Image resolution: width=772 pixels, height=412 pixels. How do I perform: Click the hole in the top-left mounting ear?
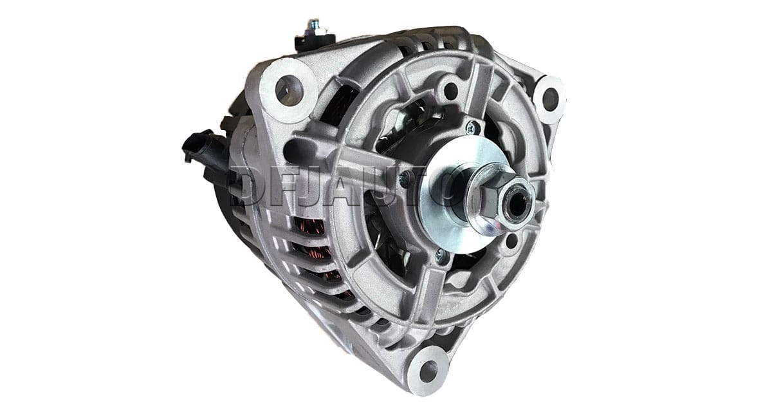pos(289,89)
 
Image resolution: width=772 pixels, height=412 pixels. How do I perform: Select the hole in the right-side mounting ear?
pos(550,99)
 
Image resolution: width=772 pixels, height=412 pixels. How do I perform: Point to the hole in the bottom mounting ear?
pos(428,371)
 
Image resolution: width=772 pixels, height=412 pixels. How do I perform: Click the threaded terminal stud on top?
pos(313,26)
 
